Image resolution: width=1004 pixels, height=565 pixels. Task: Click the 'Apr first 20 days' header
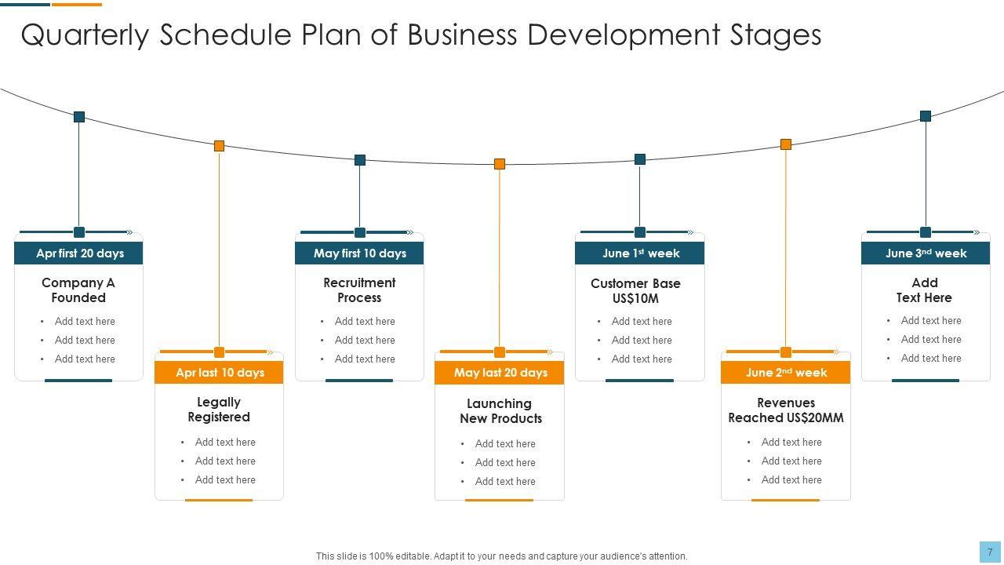pyautogui.click(x=79, y=253)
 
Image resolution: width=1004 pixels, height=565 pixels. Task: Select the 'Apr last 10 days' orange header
pyautogui.click(x=220, y=373)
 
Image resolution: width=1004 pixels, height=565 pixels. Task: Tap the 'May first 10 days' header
pyautogui.click(x=359, y=253)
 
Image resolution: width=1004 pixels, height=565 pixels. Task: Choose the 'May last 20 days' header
pyautogui.click(x=500, y=373)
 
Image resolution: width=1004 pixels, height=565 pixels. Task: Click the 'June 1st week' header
pyautogui.click(x=640, y=253)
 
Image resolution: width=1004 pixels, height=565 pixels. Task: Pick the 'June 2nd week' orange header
pyautogui.click(x=786, y=373)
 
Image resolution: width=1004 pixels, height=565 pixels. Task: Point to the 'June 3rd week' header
pyautogui.click(x=926, y=253)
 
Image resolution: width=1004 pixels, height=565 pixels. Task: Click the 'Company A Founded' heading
pyautogui.click(x=78, y=290)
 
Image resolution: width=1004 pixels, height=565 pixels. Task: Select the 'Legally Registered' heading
pyautogui.click(x=219, y=410)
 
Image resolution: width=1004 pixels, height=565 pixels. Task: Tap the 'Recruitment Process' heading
pyautogui.click(x=359, y=290)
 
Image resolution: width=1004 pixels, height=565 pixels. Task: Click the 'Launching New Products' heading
pyautogui.click(x=500, y=411)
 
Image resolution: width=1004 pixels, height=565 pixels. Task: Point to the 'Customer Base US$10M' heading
pyautogui.click(x=635, y=291)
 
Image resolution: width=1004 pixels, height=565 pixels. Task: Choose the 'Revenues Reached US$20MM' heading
pyautogui.click(x=786, y=410)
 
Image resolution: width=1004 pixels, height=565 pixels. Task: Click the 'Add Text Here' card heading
pyautogui.click(x=925, y=290)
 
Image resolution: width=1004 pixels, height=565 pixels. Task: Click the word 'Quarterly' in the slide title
pyautogui.click(x=85, y=35)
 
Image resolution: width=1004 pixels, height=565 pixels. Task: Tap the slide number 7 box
pyautogui.click(x=990, y=552)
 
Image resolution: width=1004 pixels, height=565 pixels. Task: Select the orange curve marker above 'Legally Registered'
pyautogui.click(x=220, y=146)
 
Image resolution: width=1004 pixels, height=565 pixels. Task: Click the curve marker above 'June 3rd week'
pyautogui.click(x=926, y=116)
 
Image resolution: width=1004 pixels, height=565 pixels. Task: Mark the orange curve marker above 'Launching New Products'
pyautogui.click(x=500, y=164)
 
